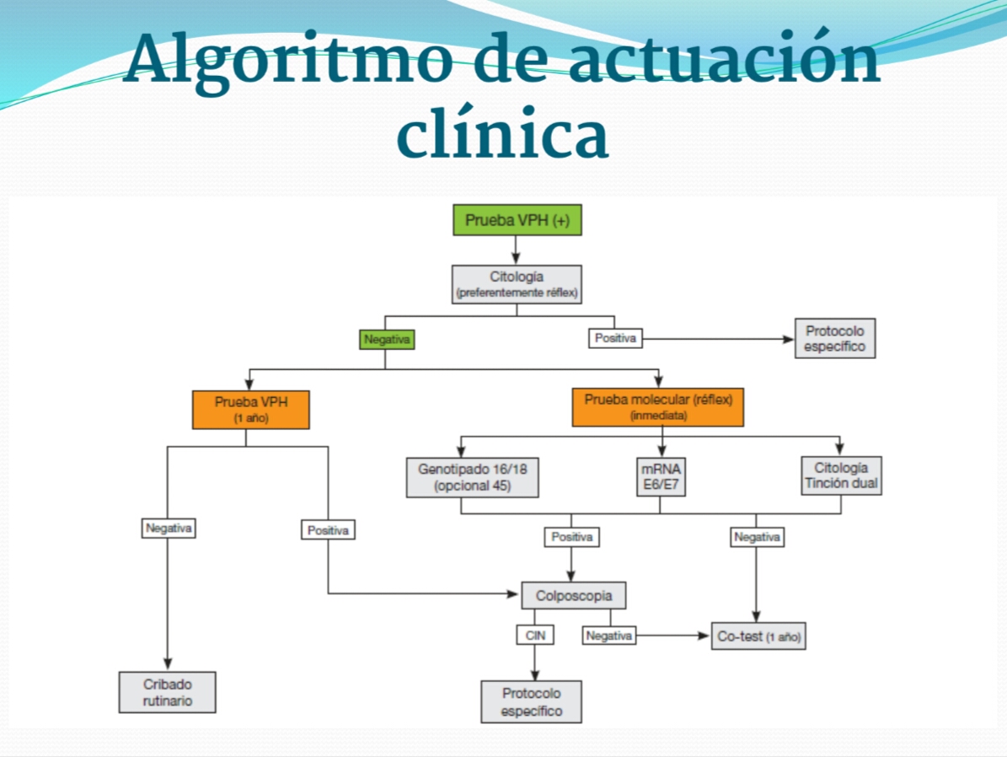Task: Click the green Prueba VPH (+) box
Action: [x=517, y=220]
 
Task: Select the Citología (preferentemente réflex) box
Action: [x=517, y=285]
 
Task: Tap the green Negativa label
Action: [x=387, y=340]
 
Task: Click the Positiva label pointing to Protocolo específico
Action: [x=614, y=339]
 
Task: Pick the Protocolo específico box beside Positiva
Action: [x=834, y=338]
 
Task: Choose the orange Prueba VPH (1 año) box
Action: [x=250, y=409]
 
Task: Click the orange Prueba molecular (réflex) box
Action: [x=657, y=407]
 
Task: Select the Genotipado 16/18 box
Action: [x=472, y=477]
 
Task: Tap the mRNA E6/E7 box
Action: [x=660, y=477]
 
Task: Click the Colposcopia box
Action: [x=573, y=596]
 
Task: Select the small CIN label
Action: [x=535, y=636]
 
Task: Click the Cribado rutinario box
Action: [x=167, y=692]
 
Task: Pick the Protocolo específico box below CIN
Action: [x=531, y=702]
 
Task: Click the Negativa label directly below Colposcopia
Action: [x=608, y=636]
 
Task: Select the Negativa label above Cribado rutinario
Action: [x=169, y=529]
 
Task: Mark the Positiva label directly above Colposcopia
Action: [x=572, y=537]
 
